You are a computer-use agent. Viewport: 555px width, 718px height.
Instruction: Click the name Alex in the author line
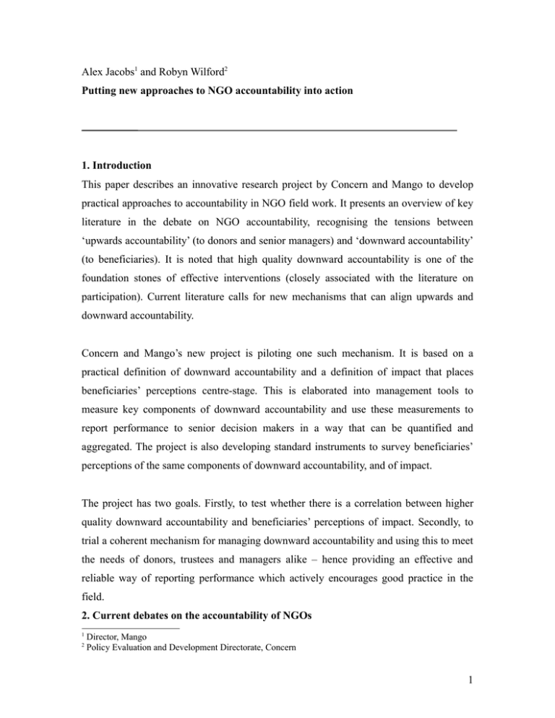coord(95,52)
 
